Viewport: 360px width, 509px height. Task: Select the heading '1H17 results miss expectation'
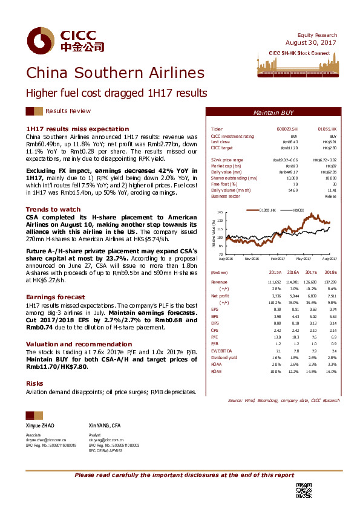[x=66, y=129]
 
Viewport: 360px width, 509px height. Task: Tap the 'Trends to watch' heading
[x=53, y=209]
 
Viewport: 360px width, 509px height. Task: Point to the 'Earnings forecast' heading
[x=55, y=297]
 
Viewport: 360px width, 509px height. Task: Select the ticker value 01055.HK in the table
[x=327, y=129]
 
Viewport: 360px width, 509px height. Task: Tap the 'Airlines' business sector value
[x=330, y=196]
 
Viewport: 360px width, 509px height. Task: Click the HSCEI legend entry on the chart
[x=296, y=210]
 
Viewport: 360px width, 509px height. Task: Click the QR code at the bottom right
[x=303, y=490]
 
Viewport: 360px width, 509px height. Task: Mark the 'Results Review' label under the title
[x=68, y=111]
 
